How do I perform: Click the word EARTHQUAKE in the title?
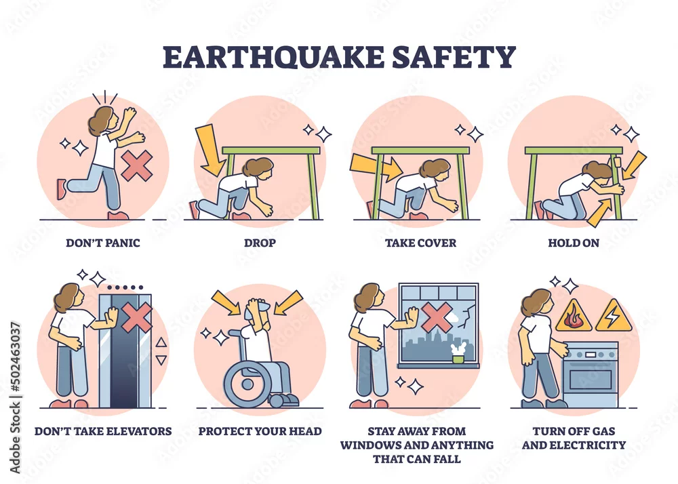(273, 57)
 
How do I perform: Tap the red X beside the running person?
(137, 165)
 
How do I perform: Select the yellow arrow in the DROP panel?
(210, 150)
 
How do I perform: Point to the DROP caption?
(260, 243)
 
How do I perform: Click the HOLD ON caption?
(574, 243)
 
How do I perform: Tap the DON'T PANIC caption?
(103, 243)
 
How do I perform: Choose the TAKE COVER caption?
(421, 243)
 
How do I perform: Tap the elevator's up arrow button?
(161, 343)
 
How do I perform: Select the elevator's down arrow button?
(161, 360)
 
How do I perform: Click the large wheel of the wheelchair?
(247, 383)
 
